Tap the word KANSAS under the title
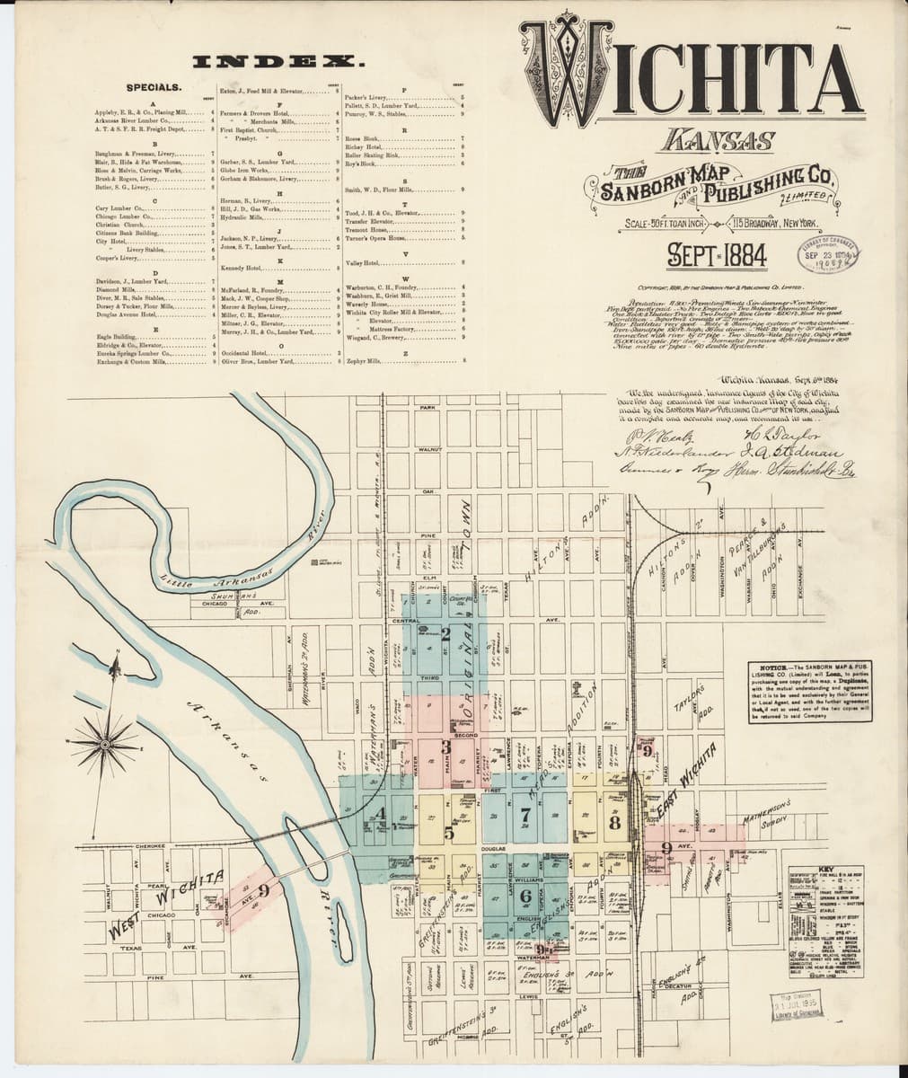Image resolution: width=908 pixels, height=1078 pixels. [x=719, y=141]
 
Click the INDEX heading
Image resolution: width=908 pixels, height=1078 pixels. [x=279, y=62]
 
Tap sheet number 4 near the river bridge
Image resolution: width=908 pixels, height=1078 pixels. [x=382, y=814]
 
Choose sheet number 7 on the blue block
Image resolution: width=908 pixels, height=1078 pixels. [x=525, y=816]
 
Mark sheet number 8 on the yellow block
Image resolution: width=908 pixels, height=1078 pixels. [x=614, y=821]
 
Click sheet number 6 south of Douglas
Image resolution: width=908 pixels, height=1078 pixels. [x=526, y=895]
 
